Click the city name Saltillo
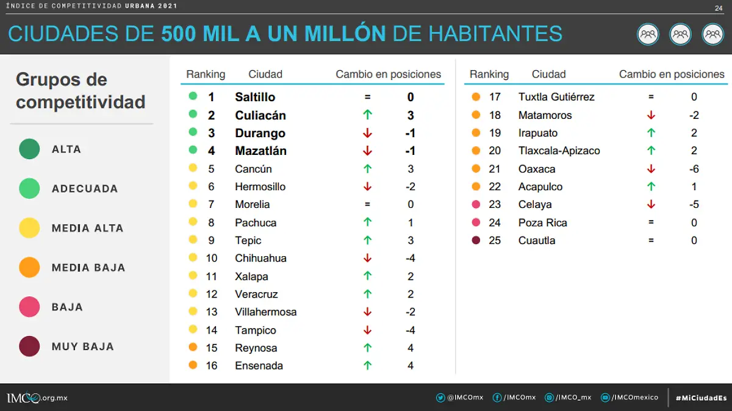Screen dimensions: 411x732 (255, 97)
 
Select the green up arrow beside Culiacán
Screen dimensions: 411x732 (367, 115)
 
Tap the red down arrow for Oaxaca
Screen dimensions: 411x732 (651, 169)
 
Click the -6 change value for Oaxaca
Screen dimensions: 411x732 (694, 169)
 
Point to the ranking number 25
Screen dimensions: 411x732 (495, 240)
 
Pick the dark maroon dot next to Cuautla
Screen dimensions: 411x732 (476, 240)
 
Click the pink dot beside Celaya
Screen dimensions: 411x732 (476, 205)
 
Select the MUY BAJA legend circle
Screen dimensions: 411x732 (29, 346)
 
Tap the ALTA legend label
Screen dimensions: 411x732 (66, 149)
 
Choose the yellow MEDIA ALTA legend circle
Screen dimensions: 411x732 (29, 228)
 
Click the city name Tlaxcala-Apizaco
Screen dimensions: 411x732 (559, 151)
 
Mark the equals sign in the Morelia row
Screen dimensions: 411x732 (367, 205)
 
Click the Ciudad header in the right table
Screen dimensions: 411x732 (548, 74)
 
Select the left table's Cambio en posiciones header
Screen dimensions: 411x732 (388, 74)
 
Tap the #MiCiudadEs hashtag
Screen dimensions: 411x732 (701, 398)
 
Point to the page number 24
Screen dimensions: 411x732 (718, 8)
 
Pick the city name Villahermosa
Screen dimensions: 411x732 (265, 312)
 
